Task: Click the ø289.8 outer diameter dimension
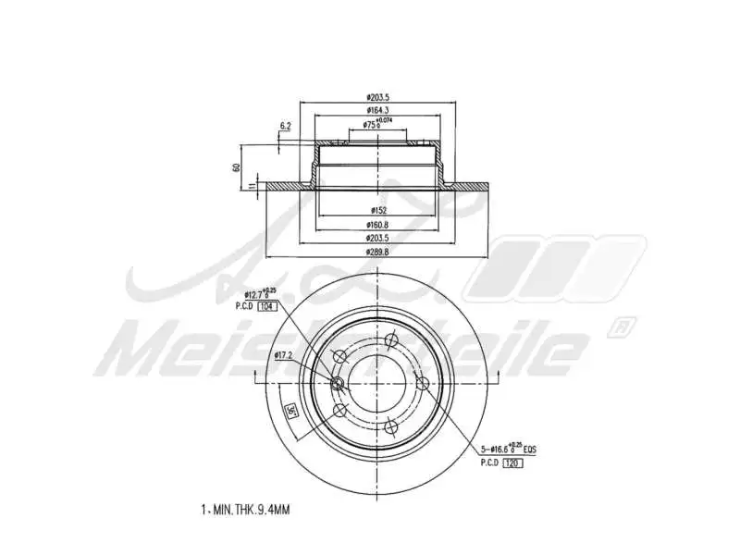click(376, 251)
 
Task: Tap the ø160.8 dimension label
click(376, 224)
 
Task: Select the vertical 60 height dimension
click(237, 167)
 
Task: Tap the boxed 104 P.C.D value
click(267, 305)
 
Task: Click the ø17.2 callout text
click(283, 355)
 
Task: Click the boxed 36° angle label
click(290, 411)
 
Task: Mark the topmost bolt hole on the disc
click(391, 339)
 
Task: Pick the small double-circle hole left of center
click(337, 384)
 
